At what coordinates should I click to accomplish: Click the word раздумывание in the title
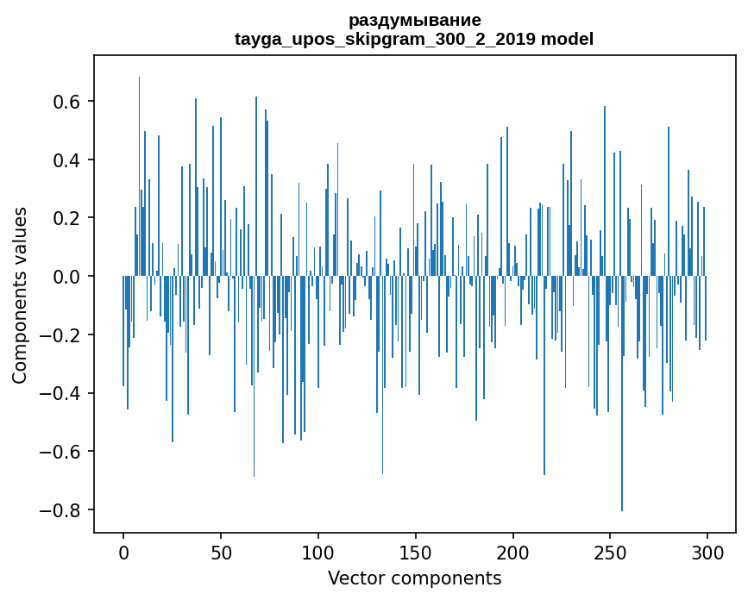(x=414, y=20)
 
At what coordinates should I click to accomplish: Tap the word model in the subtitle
(x=567, y=39)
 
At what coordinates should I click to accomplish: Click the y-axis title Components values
(x=20, y=295)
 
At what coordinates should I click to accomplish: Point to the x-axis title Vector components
(x=414, y=578)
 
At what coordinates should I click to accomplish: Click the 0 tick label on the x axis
(x=123, y=552)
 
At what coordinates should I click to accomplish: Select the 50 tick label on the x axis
(x=221, y=552)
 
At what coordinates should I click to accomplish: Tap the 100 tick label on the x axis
(x=318, y=552)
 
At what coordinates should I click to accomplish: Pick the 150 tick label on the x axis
(x=415, y=552)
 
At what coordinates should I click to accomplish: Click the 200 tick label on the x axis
(x=512, y=552)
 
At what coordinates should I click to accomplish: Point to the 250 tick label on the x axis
(x=610, y=552)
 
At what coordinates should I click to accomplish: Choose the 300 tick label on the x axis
(x=707, y=552)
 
